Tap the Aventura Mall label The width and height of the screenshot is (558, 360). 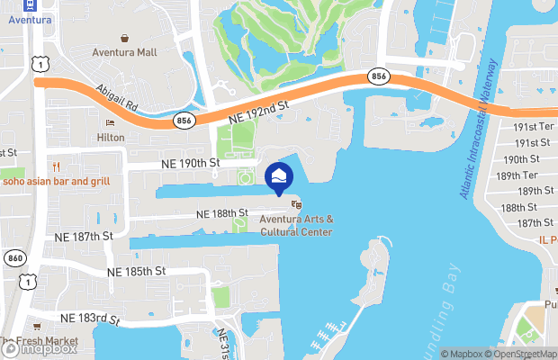[x=124, y=52]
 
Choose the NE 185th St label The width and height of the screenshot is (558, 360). [x=137, y=270]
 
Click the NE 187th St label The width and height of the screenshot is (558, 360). [x=84, y=235]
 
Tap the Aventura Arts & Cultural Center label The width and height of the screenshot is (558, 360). [x=296, y=226]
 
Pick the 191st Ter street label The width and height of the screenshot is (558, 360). [x=533, y=128]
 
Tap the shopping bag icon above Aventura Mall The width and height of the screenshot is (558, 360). [x=124, y=38]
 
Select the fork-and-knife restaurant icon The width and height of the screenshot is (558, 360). [x=56, y=166]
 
